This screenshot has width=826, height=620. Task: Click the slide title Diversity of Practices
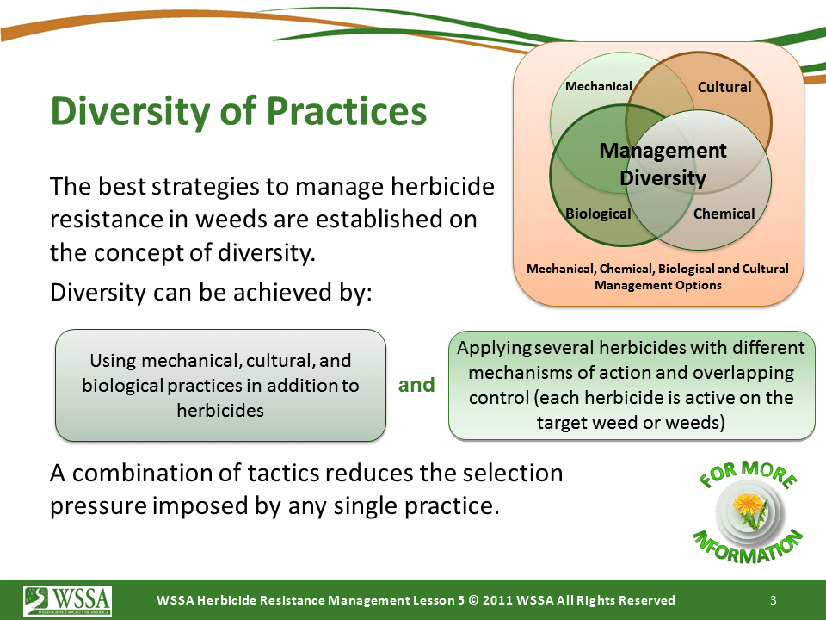click(238, 112)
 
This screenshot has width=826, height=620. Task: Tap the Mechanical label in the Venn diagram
click(599, 86)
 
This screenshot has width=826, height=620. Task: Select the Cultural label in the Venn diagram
click(724, 87)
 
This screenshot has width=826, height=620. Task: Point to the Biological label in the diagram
click(598, 214)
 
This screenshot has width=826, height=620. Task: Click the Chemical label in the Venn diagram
click(724, 214)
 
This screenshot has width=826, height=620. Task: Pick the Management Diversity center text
click(663, 164)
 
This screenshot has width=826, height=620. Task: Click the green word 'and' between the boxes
click(416, 385)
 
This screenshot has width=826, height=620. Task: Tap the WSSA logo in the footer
click(67, 600)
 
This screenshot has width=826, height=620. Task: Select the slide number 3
click(774, 600)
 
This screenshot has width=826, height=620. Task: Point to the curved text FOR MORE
click(748, 474)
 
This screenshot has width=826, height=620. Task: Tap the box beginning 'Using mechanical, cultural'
click(221, 386)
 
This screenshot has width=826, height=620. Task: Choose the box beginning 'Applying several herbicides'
click(632, 386)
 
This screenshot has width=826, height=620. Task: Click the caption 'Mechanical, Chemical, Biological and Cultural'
click(657, 269)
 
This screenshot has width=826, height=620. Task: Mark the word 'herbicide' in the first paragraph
click(442, 186)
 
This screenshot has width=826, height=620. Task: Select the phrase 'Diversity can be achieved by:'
click(211, 293)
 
